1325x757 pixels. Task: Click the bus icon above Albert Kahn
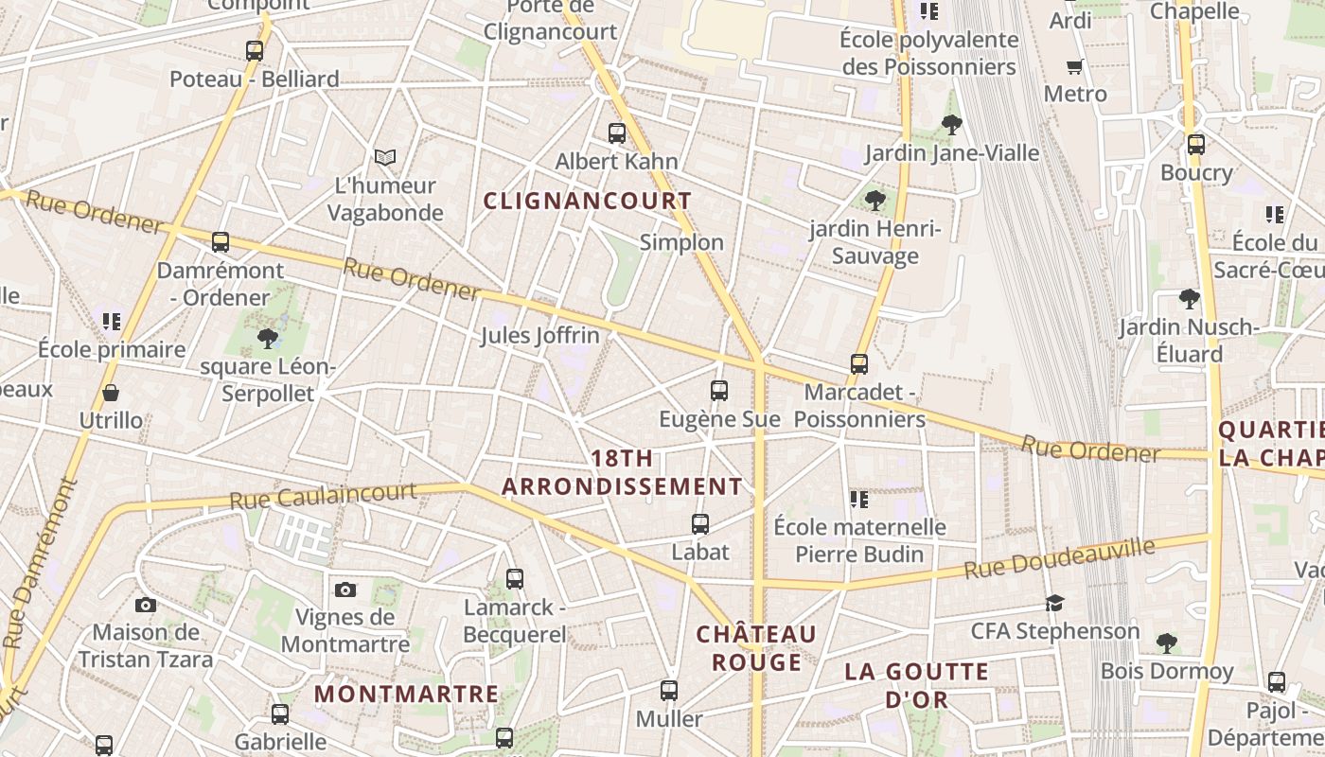tap(617, 133)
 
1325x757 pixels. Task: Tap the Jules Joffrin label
tap(539, 336)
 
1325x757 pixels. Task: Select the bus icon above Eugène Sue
tap(719, 390)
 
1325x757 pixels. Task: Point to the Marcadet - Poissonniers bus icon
tap(859, 364)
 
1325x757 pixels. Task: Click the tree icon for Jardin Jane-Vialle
tap(952, 124)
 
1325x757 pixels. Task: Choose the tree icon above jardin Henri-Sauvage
tap(875, 200)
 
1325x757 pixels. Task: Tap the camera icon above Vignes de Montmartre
tap(345, 590)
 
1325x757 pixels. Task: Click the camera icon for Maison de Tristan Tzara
tap(146, 605)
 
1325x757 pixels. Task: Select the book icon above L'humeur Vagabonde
tap(384, 157)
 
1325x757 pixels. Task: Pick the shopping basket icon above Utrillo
tap(111, 392)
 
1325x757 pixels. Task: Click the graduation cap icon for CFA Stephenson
tap(1054, 603)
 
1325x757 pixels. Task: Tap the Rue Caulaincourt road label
tap(323, 495)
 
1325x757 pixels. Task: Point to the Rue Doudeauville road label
tap(1060, 558)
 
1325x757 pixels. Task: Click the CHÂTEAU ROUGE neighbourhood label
tap(756, 647)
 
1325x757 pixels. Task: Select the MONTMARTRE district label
tap(406, 694)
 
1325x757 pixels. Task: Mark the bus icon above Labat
tap(700, 523)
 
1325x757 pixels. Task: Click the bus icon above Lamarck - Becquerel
tap(515, 578)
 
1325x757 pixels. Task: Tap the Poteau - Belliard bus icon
tap(255, 51)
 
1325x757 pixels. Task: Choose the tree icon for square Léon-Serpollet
tap(268, 338)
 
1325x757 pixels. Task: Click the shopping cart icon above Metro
tap(1074, 66)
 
